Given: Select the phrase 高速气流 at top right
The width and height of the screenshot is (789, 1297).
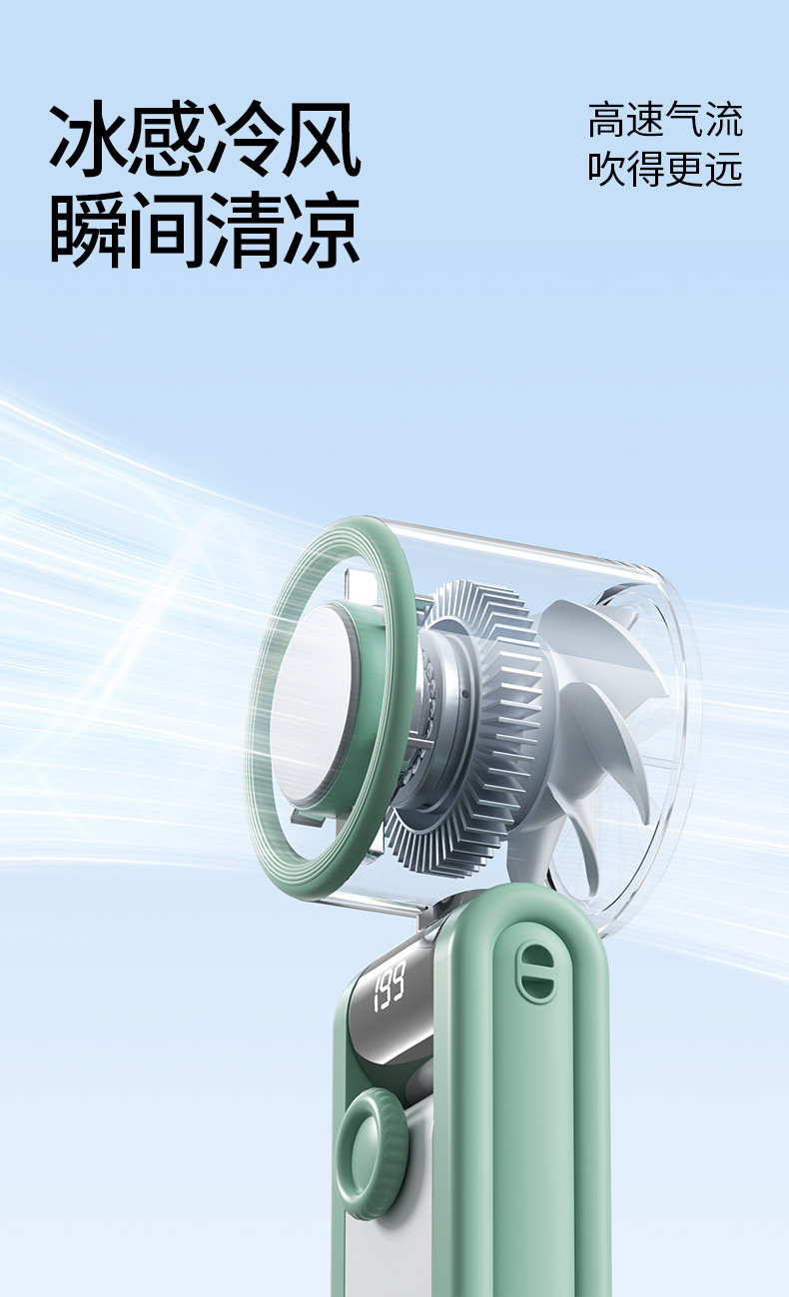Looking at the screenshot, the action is coord(665,120).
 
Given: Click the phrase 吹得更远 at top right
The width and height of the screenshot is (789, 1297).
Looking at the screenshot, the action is coord(665,169).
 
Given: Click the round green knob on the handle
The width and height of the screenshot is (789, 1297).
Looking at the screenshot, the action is coord(371,1138).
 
